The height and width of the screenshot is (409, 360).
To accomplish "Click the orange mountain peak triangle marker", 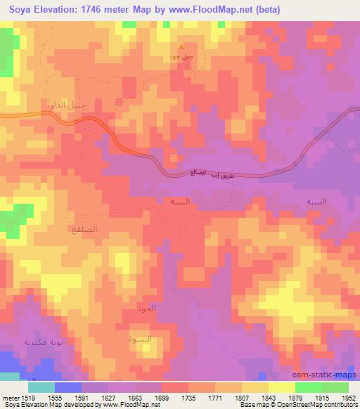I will pos(181,47).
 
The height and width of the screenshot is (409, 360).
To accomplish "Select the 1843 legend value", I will pos(250,398).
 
